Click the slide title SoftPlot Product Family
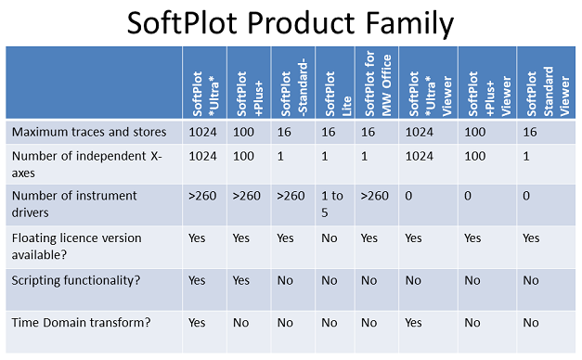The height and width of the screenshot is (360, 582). tap(291, 22)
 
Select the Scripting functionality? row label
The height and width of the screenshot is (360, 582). tap(76, 280)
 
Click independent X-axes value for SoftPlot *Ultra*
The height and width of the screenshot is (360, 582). tap(202, 157)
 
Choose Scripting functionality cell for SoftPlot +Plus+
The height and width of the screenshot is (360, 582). tap(241, 280)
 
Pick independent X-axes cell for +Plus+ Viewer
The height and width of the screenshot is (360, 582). tap(474, 157)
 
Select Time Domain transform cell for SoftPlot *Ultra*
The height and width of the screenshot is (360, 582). tap(198, 323)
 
